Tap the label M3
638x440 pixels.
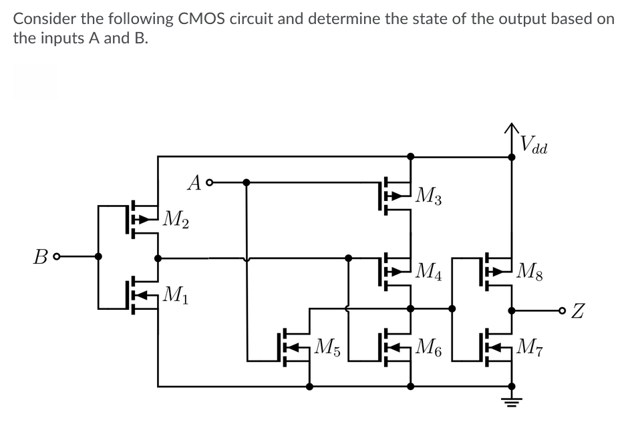coord(429,196)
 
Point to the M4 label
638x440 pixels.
coord(429,271)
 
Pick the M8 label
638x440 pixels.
coord(530,271)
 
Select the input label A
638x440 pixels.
coord(194,181)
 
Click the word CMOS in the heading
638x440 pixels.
coord(200,18)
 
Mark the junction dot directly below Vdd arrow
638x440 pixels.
coord(512,158)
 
